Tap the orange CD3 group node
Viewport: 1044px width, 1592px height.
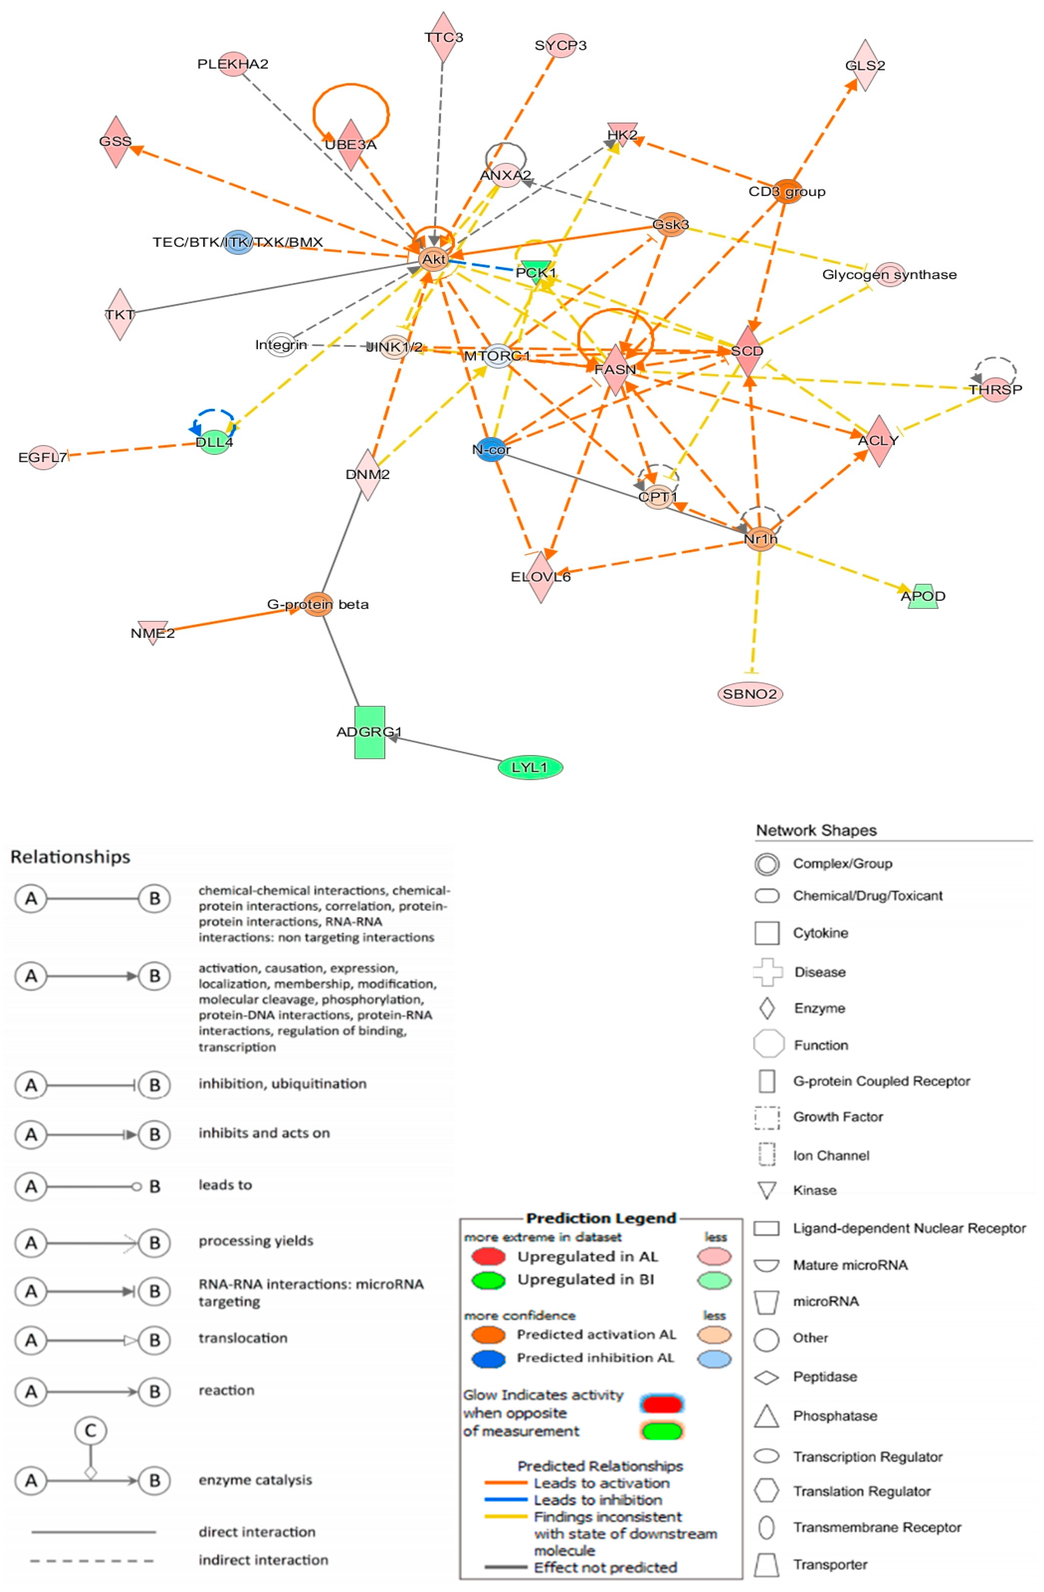coord(787,191)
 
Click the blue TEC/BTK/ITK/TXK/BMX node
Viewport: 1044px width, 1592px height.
coord(238,242)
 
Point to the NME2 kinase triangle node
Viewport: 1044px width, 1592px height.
coord(153,632)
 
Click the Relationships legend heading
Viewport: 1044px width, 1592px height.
coord(70,857)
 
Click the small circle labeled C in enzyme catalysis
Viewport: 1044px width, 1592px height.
coord(90,1430)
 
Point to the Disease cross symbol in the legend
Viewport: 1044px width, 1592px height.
coord(767,972)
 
